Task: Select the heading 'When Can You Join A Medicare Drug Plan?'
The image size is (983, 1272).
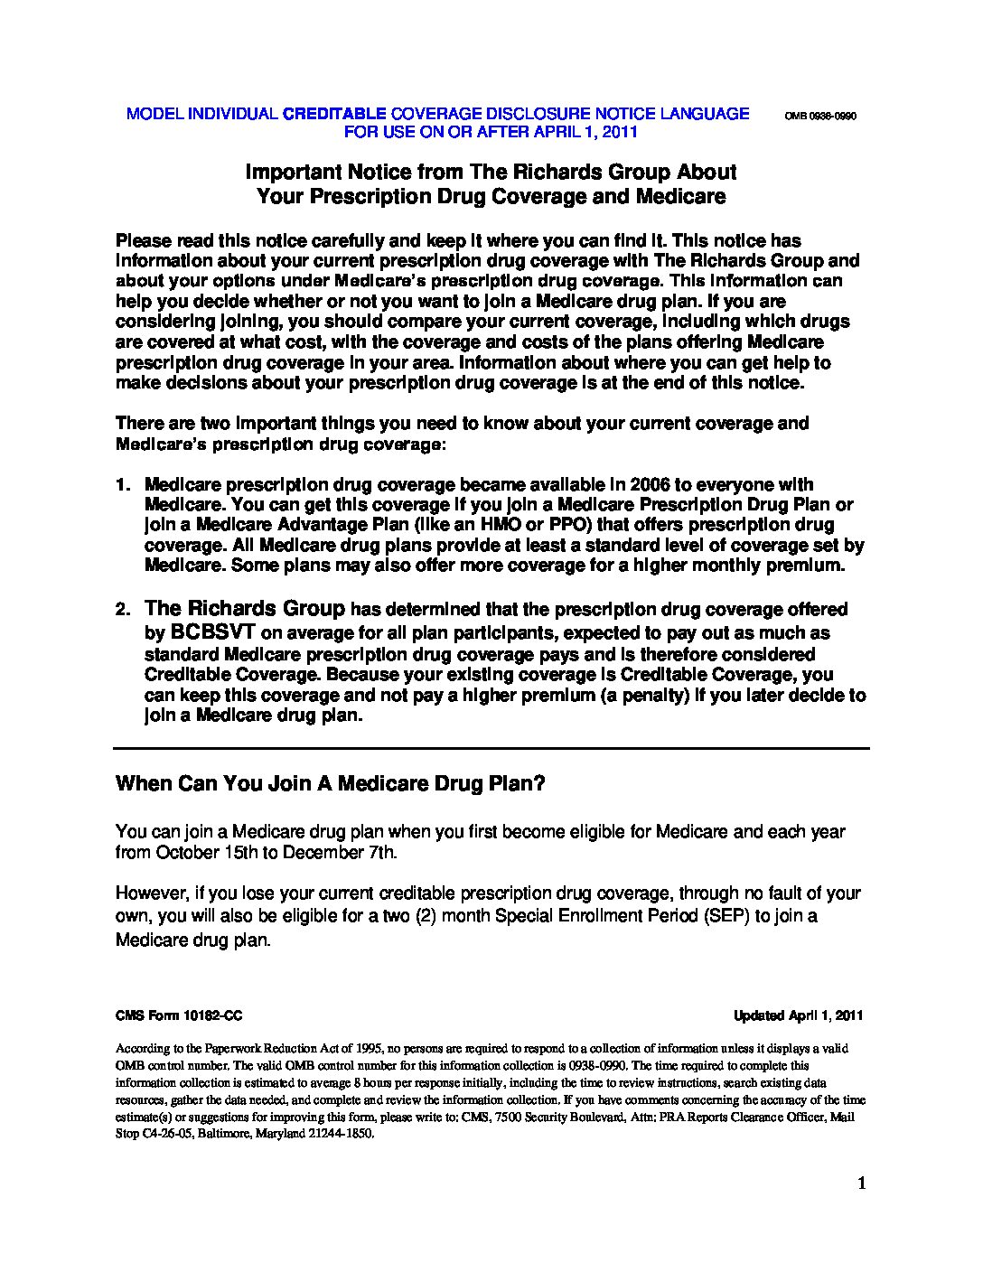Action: (x=331, y=783)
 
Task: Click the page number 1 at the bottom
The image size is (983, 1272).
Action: (x=862, y=1183)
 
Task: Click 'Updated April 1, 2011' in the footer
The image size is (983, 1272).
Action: (x=799, y=1015)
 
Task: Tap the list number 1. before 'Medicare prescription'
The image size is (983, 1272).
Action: (x=124, y=485)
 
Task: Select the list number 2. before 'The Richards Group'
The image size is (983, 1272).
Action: (x=124, y=611)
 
